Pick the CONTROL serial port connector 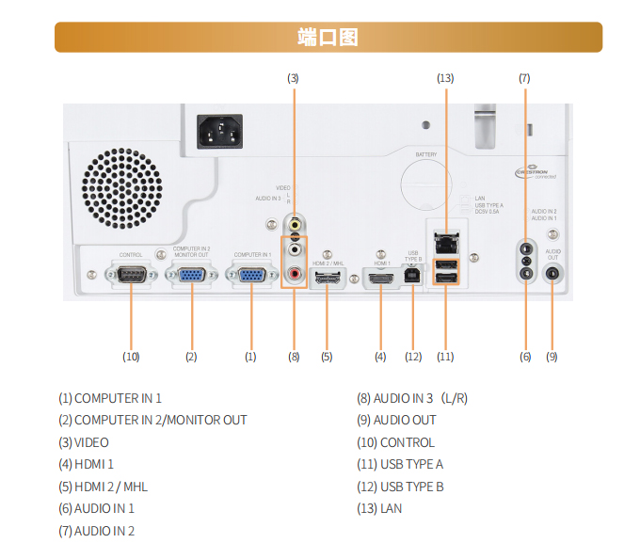click(131, 275)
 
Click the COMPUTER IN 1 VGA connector click(251, 275)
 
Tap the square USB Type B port click(411, 275)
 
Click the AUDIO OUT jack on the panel click(552, 274)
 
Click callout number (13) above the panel click(445, 78)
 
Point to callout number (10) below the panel click(131, 357)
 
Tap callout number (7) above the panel click(524, 78)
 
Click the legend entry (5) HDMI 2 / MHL click(103, 487)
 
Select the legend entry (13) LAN click(379, 508)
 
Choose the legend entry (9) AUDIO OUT click(395, 420)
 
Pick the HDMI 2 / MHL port click(327, 279)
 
